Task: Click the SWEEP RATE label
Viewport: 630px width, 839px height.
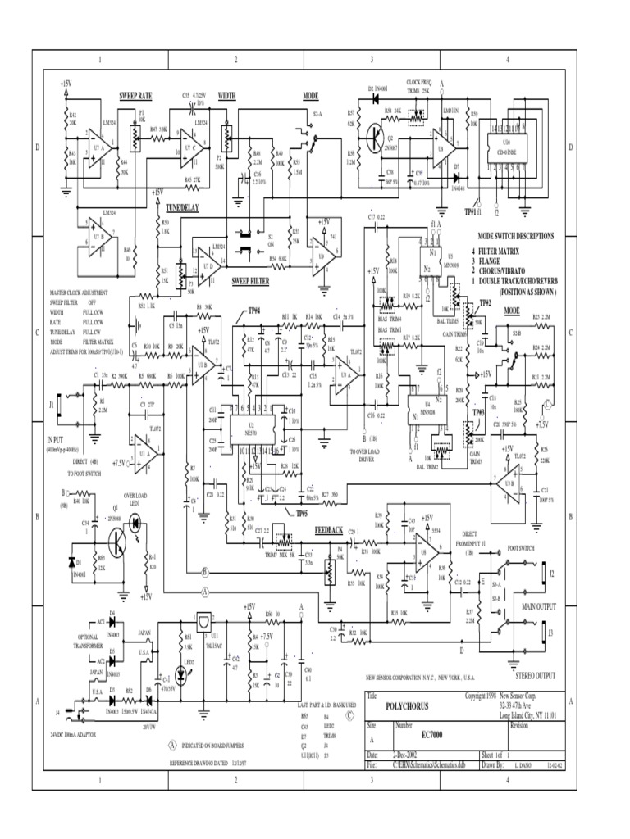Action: click(x=135, y=96)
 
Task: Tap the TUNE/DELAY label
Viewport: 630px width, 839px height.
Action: click(x=181, y=207)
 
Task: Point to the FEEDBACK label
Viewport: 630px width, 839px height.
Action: click(x=330, y=531)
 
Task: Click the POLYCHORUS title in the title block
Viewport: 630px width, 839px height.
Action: click(x=409, y=705)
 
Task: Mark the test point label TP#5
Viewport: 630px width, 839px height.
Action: click(x=280, y=513)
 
